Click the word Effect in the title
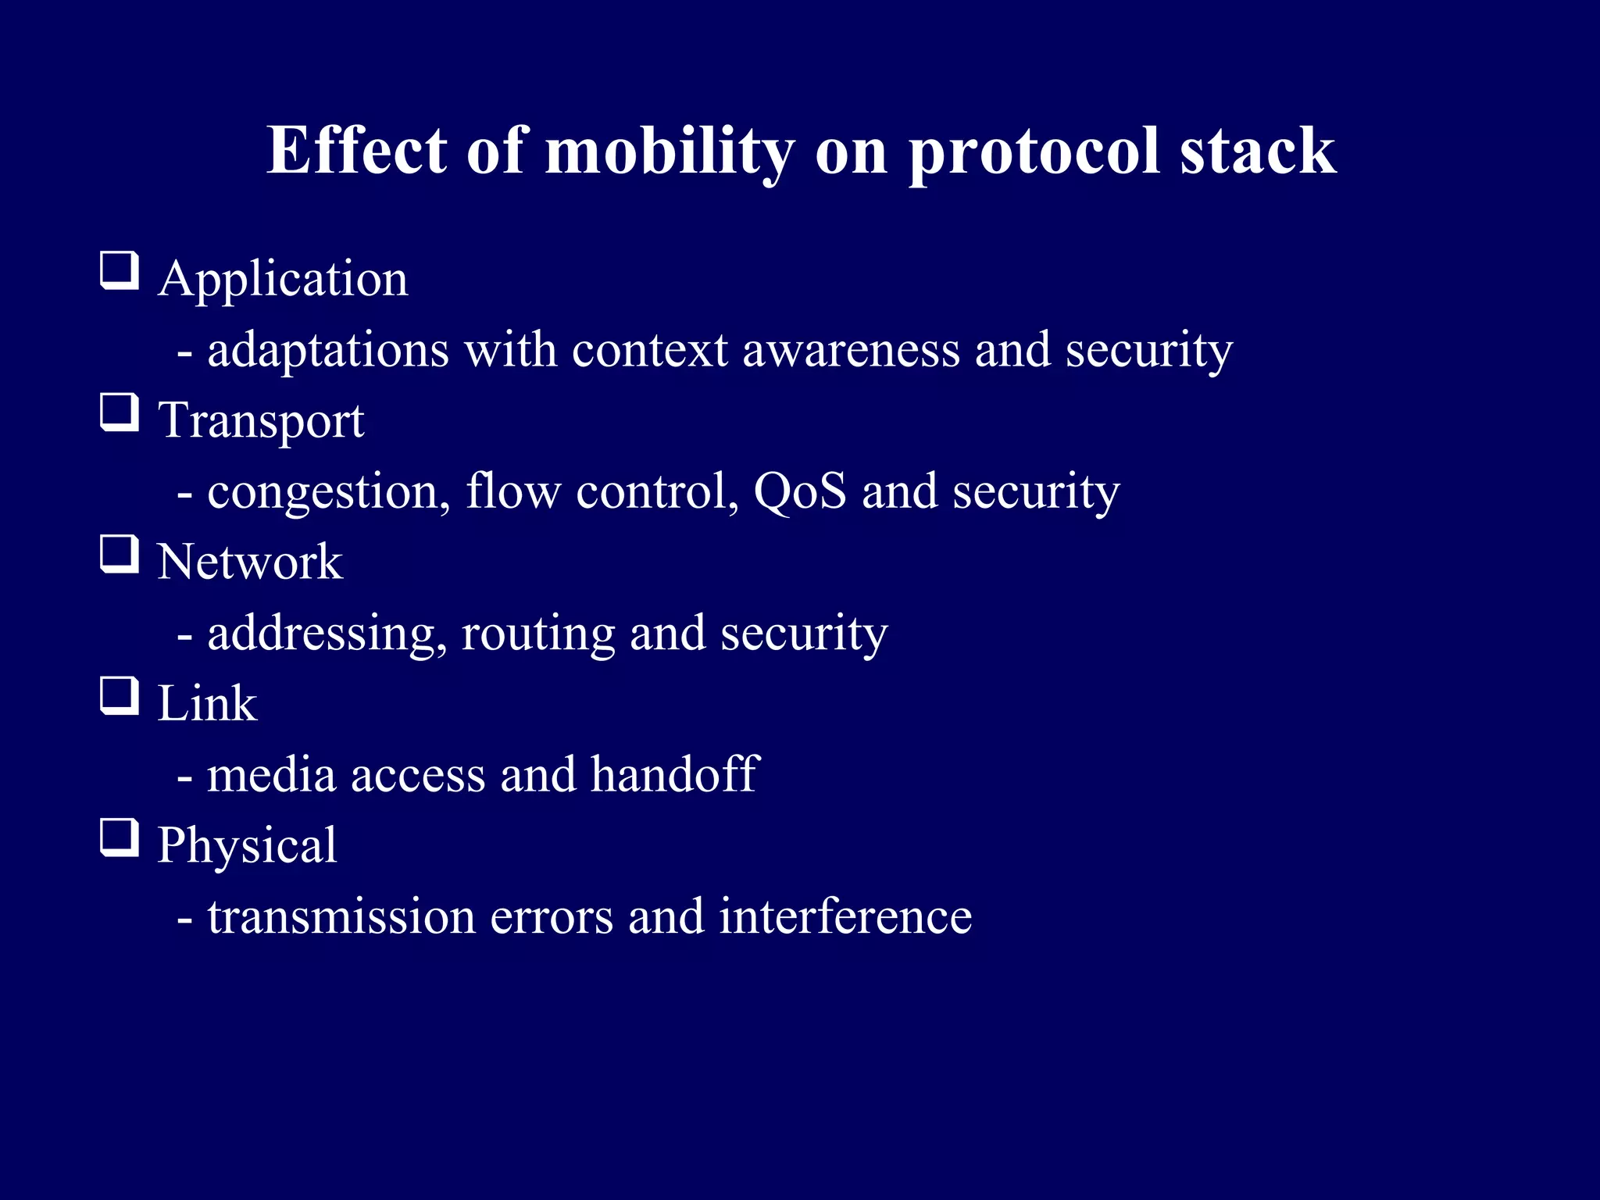pos(356,150)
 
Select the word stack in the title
pos(1257,150)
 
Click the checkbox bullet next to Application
pos(120,271)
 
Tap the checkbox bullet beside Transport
pos(120,413)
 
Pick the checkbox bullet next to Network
pos(120,555)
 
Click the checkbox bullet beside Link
pos(120,697)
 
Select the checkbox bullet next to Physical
pos(120,838)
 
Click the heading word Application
pos(283,280)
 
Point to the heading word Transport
pos(261,422)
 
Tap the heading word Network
pos(250,562)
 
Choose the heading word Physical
pos(247,846)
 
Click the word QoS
pos(799,491)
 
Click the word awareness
pos(851,350)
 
